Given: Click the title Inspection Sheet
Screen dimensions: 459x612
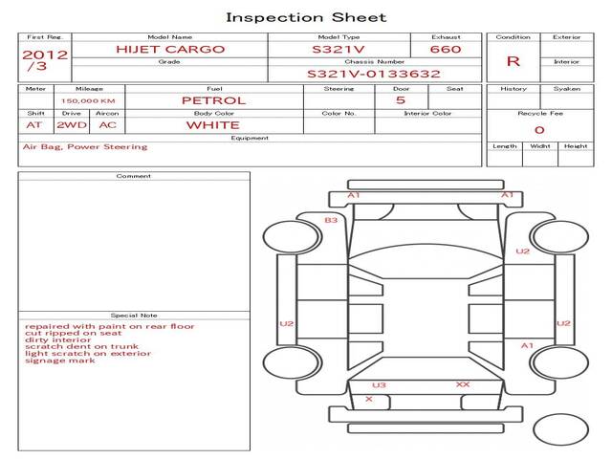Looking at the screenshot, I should (x=306, y=17).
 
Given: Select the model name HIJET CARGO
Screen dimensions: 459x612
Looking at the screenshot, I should (x=169, y=49).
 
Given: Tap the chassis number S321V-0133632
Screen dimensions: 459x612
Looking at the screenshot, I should (x=373, y=74).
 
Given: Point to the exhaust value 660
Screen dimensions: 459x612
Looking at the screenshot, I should (x=446, y=49).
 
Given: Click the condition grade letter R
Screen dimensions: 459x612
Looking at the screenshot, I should (x=514, y=61).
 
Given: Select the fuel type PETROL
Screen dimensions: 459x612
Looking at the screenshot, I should (x=213, y=100).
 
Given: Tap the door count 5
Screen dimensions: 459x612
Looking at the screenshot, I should (x=400, y=100).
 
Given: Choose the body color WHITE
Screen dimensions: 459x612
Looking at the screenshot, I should (x=213, y=125).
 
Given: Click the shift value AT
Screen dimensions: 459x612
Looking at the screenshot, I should (x=34, y=125).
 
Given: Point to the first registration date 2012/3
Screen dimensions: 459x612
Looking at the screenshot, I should (x=44, y=61).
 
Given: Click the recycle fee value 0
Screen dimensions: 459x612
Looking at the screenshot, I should (x=538, y=130).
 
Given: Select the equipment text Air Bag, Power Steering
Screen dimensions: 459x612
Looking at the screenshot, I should (x=85, y=147).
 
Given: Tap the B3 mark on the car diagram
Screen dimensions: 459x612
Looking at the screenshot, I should (x=331, y=221).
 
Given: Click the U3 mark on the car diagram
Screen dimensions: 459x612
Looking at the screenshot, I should (x=379, y=385).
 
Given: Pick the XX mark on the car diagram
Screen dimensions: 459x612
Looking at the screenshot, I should (x=463, y=384).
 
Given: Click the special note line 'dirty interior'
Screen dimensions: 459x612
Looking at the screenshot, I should (x=60, y=339).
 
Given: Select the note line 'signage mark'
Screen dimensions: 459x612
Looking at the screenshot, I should (x=59, y=361).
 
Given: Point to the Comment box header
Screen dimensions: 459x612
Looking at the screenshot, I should (x=134, y=176).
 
